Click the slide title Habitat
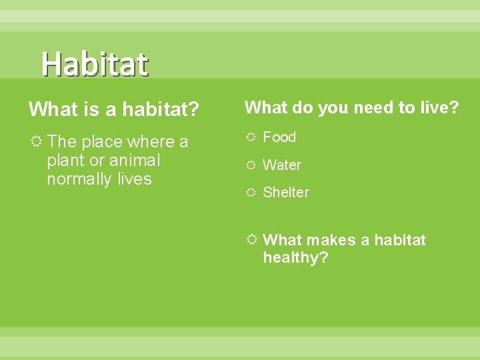(95, 64)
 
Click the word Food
(279, 137)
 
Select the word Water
(282, 165)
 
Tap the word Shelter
(286, 193)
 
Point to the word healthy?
(295, 258)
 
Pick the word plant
(65, 161)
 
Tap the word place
(102, 142)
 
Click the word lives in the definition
(134, 179)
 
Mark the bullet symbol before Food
(251, 137)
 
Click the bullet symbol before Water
(251, 165)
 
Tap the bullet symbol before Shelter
(251, 193)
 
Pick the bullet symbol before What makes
(251, 240)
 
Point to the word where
(150, 142)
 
